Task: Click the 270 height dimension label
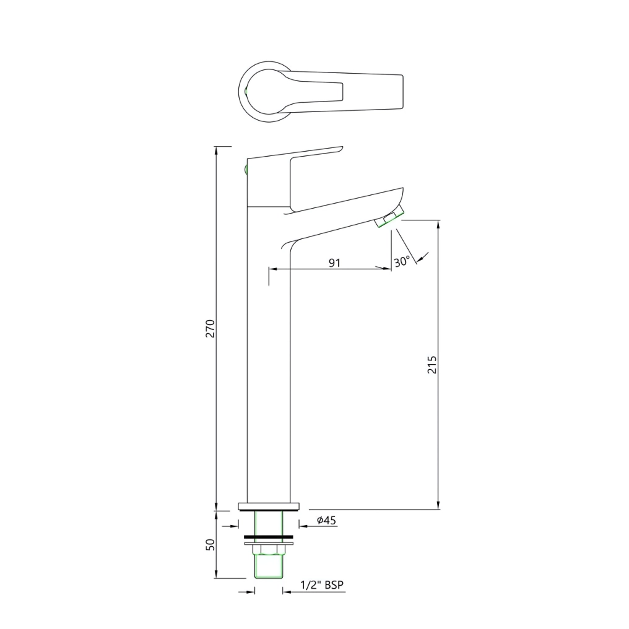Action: point(210,328)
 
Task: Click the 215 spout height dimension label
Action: point(432,364)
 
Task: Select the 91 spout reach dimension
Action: point(334,262)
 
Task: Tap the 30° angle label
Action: point(401,262)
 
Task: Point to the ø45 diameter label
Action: point(326,521)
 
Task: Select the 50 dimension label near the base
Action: point(210,545)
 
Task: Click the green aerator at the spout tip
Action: point(390,218)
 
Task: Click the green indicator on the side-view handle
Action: point(246,168)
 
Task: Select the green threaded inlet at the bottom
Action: point(269,566)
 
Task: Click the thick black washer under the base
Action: point(269,536)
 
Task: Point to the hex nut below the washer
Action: point(269,549)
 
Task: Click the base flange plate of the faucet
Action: point(269,506)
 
